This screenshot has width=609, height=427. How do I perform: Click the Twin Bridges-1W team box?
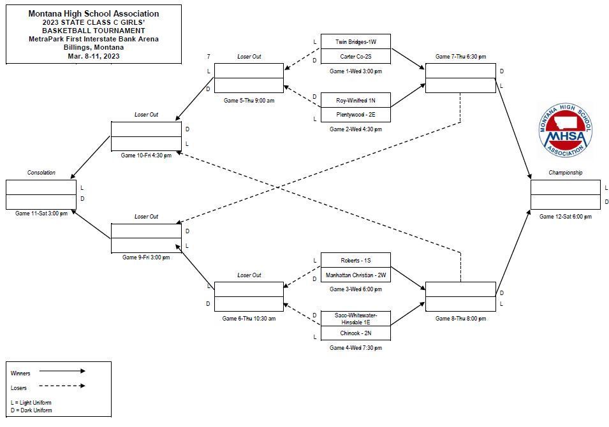point(356,41)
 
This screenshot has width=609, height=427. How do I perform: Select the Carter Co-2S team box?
point(356,56)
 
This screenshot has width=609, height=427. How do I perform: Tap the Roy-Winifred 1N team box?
point(356,100)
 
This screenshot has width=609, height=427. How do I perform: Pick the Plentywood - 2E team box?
point(356,115)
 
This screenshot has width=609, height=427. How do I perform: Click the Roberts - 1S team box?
point(356,261)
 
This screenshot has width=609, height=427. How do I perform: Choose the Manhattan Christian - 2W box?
point(356,275)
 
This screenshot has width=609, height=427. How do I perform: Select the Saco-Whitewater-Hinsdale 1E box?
point(356,319)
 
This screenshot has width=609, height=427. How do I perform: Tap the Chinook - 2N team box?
point(356,333)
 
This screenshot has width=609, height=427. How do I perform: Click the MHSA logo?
point(566,130)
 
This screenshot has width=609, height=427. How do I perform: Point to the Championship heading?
point(566,172)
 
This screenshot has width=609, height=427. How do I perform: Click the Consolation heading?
point(41,172)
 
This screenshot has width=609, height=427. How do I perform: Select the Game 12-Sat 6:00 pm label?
point(566,217)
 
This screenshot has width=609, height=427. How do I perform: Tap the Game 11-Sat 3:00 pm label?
point(41,213)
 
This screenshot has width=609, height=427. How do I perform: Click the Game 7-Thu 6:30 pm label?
point(460,56)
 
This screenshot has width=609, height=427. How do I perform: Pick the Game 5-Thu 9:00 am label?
point(249,101)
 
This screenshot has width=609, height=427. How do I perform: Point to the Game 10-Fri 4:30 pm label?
point(146,156)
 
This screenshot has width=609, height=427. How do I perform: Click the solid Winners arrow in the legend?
point(62,371)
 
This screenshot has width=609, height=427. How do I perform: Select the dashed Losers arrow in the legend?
point(62,386)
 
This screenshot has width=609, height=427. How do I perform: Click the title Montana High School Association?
point(94,13)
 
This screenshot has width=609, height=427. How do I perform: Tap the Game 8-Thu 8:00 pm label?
point(460,318)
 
